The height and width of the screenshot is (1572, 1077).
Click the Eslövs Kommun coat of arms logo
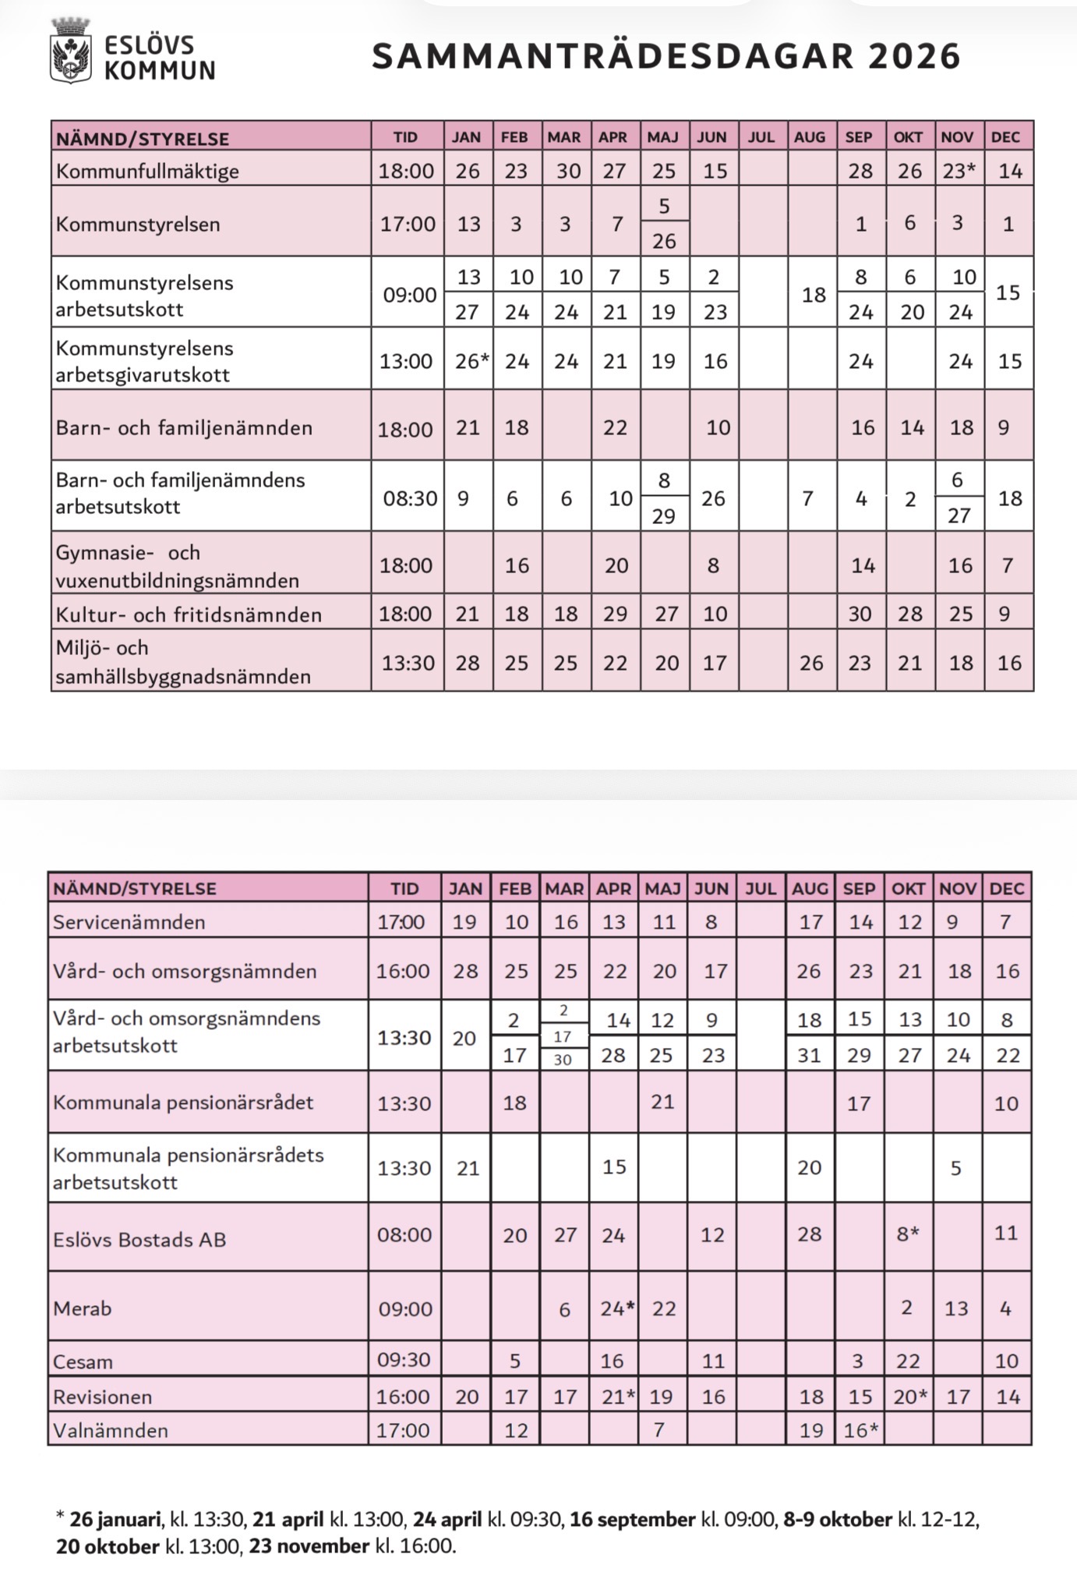click(x=71, y=51)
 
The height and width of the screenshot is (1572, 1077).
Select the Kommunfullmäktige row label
click(x=147, y=171)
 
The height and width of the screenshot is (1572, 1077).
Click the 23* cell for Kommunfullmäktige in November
click(x=959, y=171)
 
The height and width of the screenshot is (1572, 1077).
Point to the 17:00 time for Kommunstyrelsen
click(x=408, y=225)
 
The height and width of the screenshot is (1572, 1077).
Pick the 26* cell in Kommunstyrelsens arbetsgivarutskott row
click(x=471, y=361)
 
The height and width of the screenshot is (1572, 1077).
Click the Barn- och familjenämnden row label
click(x=184, y=427)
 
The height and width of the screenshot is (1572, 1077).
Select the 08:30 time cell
click(x=409, y=498)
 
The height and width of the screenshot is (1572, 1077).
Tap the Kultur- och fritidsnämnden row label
click(x=189, y=614)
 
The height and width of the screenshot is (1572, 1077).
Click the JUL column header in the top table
click(x=761, y=137)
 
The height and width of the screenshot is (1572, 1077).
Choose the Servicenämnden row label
click(x=129, y=922)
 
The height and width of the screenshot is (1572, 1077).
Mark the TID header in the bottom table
click(x=404, y=889)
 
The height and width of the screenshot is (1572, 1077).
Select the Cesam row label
click(x=83, y=1362)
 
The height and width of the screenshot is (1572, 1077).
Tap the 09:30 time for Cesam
click(x=404, y=1360)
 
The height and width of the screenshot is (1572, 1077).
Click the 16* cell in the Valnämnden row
click(x=860, y=1430)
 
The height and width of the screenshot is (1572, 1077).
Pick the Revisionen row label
click(x=102, y=1397)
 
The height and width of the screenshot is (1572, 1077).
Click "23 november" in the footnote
click(x=309, y=1545)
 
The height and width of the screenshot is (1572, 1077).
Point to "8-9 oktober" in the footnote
click(x=838, y=1519)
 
